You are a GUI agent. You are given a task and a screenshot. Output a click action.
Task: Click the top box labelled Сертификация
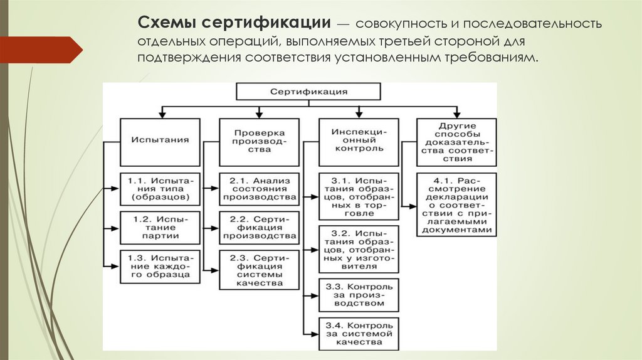tap(308, 92)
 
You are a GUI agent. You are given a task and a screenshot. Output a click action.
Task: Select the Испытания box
tap(160, 141)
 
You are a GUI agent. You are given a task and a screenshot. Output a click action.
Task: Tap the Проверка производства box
tap(258, 141)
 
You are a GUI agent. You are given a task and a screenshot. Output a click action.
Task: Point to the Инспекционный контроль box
tap(358, 141)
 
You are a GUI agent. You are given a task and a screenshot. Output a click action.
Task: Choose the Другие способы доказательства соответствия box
tap(456, 142)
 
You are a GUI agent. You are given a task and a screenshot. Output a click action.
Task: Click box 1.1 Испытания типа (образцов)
tap(160, 189)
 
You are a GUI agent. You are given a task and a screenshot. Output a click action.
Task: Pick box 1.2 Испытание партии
tap(160, 227)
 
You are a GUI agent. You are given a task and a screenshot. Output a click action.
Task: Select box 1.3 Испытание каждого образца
tap(160, 266)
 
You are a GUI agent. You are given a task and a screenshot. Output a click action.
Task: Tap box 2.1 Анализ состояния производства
tap(258, 189)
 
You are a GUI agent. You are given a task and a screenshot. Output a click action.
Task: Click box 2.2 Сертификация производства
tap(258, 227)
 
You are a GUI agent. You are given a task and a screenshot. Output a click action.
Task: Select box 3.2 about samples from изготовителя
tap(358, 248)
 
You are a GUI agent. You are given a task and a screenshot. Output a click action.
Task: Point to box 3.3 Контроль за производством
tap(358, 295)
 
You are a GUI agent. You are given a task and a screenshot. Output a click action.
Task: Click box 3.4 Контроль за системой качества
tap(358, 334)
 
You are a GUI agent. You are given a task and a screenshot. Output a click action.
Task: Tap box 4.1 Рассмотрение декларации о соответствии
tap(456, 204)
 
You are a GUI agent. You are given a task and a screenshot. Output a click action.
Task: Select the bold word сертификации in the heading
tap(263, 24)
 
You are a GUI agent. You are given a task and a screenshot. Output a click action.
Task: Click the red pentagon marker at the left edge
tap(41, 49)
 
